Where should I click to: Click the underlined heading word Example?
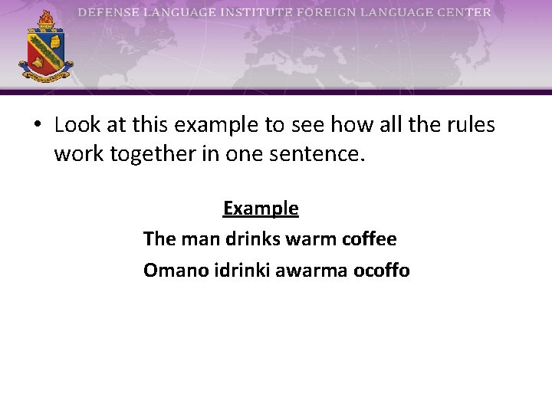tap(261, 208)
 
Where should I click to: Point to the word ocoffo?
tap(382, 271)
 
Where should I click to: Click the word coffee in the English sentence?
tap(370, 239)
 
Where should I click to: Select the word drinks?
tap(253, 239)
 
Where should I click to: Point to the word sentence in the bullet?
tap(323, 155)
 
